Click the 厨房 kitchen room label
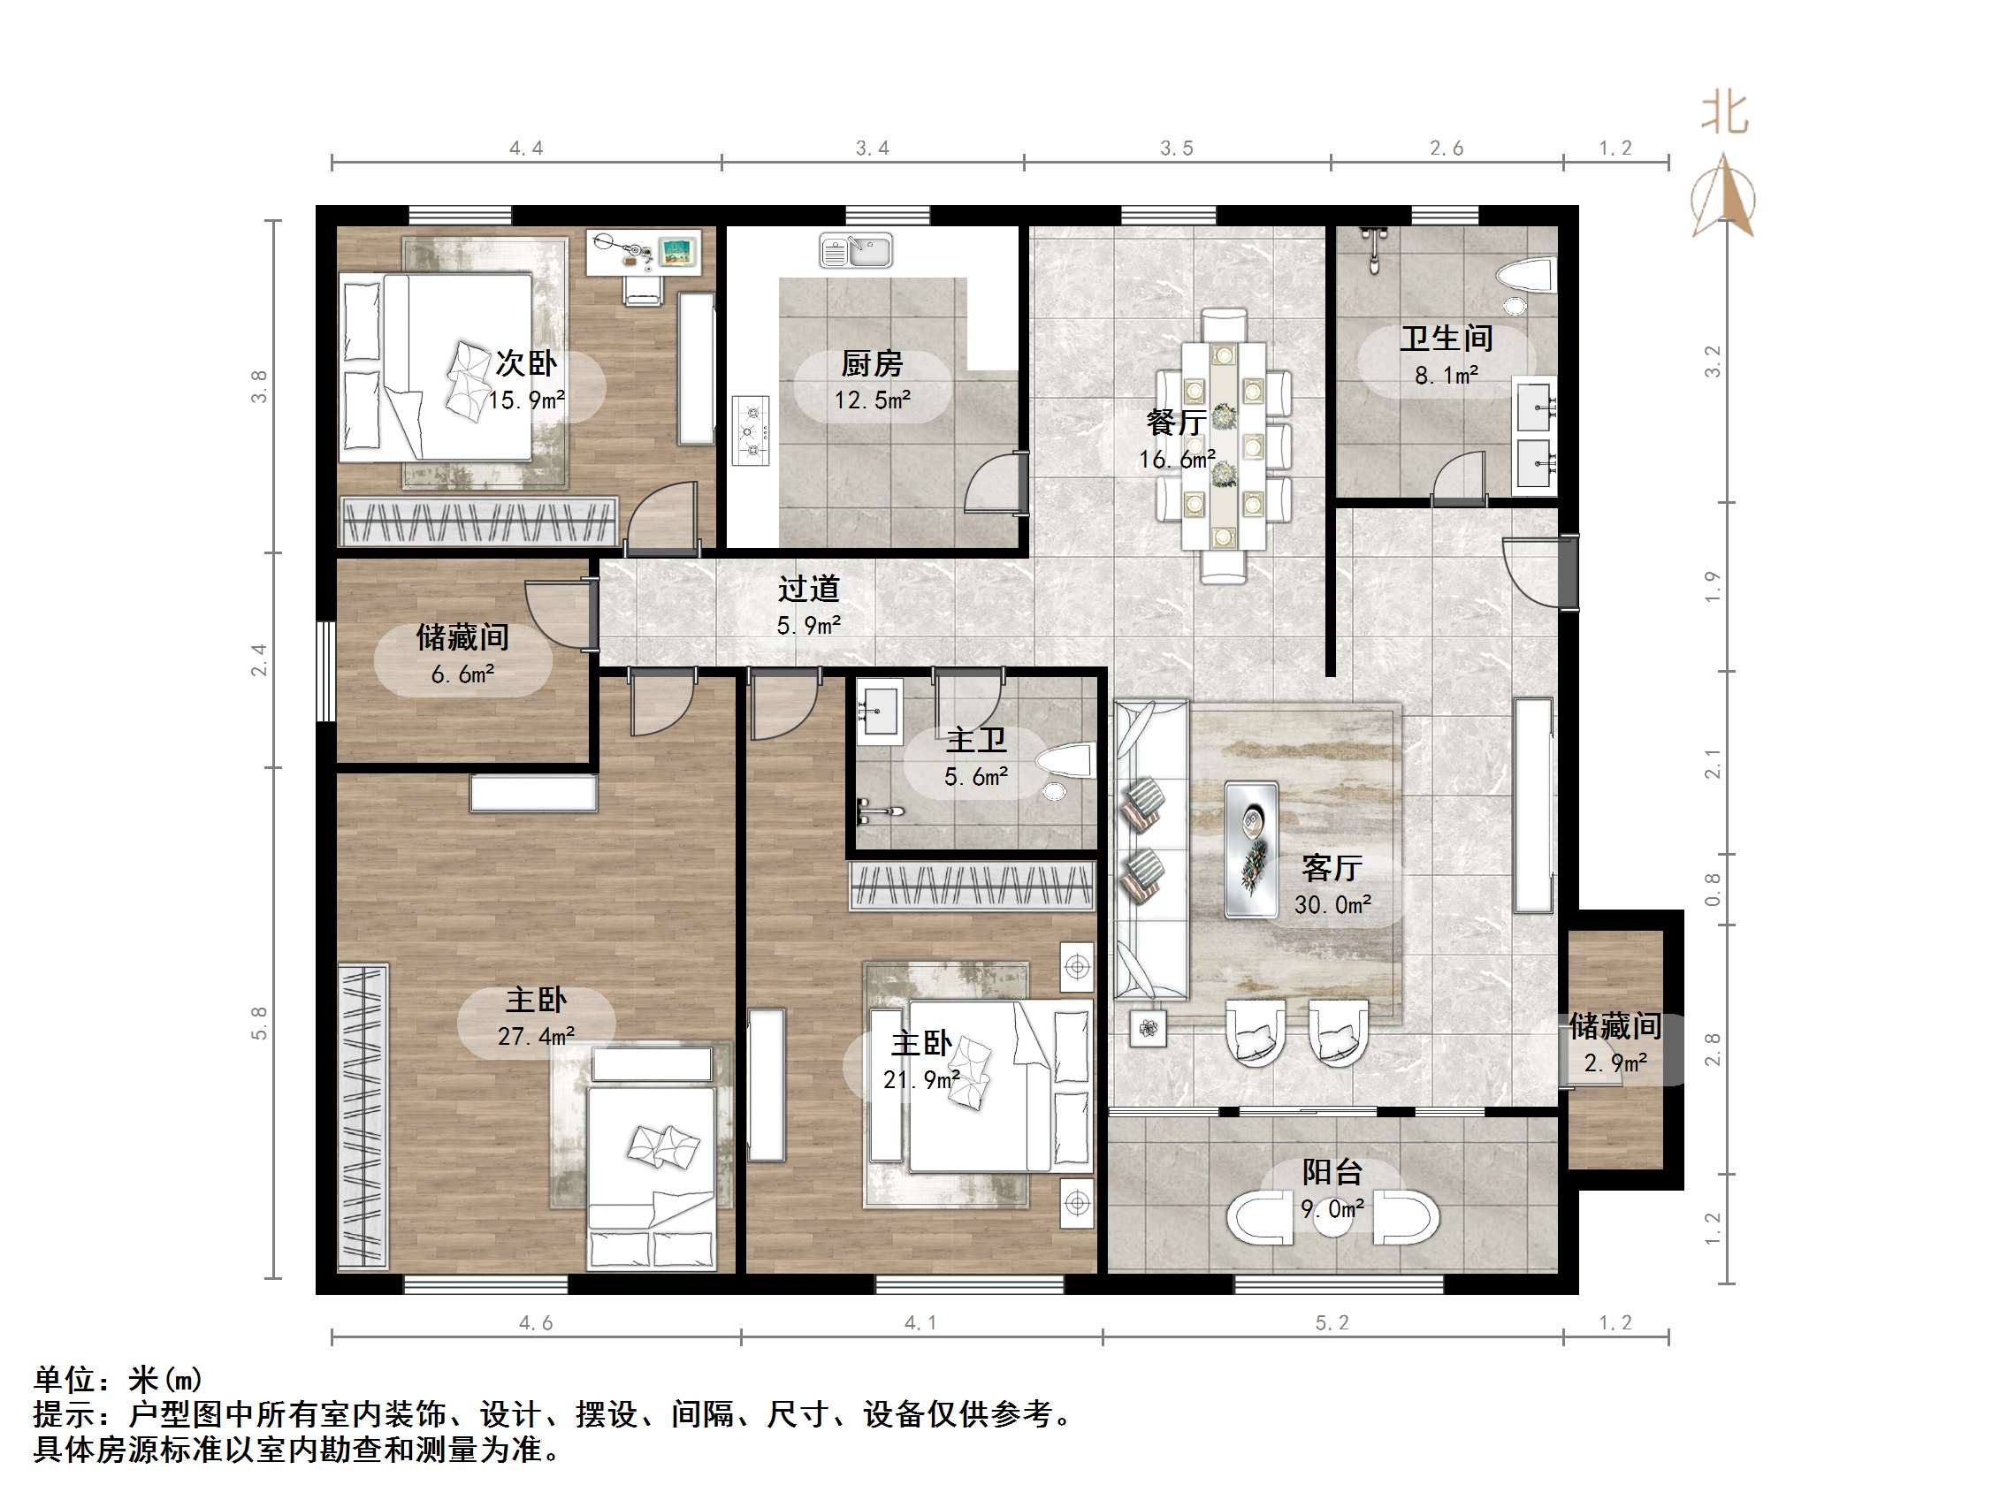872,364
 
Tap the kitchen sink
855,250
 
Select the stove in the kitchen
751,431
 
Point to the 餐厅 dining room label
1175,423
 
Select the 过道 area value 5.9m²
809,626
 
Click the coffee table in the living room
1251,850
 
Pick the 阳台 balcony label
1332,1173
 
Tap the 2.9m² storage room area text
1615,1063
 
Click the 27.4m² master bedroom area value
536,1036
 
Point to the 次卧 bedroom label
526,363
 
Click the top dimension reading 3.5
1177,148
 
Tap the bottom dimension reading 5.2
1332,1323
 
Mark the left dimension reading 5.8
259,1024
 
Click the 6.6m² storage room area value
463,674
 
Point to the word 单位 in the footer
65,1380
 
